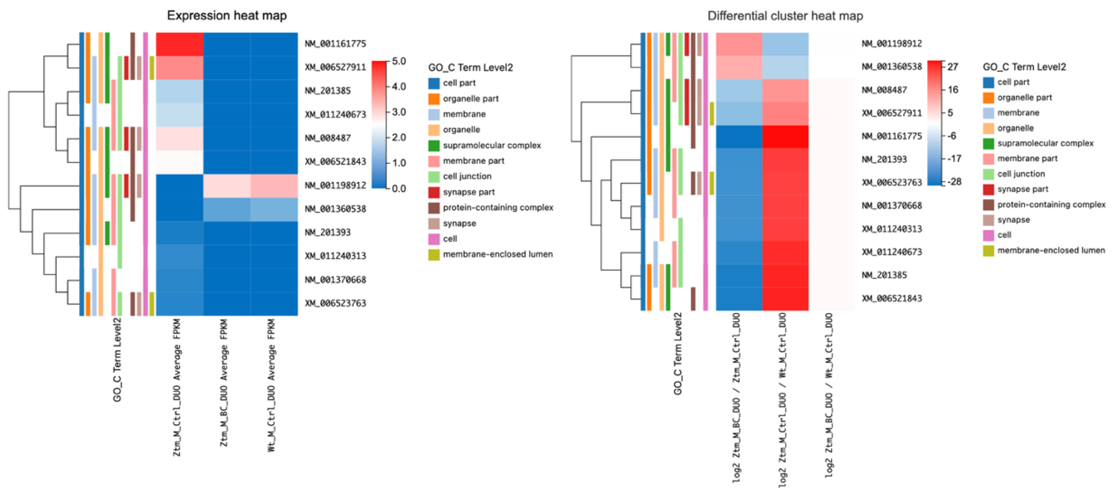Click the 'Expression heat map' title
pos(227,16)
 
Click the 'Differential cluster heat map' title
pos(785,16)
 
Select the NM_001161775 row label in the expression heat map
pos(335,44)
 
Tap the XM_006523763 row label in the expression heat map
pos(335,303)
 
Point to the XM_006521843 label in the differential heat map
pos(891,298)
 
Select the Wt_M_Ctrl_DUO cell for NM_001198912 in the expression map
pos(274,186)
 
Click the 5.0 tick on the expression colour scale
pos(399,61)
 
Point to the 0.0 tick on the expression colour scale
pos(399,188)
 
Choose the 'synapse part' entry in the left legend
pos(468,192)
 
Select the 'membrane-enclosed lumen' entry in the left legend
pos(497,254)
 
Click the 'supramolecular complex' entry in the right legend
pos(1045,143)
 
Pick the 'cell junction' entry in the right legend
pos(1021,173)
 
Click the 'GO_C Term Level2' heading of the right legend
pos(1024,67)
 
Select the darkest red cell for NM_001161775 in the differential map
pos(785,136)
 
